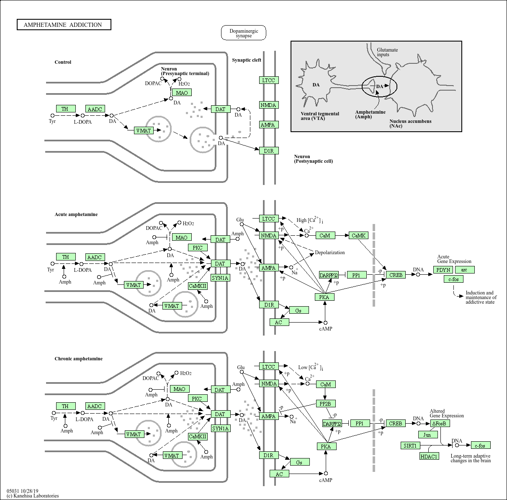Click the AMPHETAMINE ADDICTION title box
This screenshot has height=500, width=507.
point(64,25)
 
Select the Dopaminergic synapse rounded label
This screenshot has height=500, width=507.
point(244,33)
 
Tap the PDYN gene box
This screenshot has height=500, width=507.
point(443,270)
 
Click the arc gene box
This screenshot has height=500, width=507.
point(464,270)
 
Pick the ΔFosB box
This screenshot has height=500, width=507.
point(440,423)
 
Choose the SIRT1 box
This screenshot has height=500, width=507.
point(410,445)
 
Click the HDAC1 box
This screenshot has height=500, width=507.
point(429,456)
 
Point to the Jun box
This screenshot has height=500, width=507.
point(427,435)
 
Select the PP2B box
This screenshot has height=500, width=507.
point(325,404)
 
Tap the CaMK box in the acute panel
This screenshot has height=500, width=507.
point(358,235)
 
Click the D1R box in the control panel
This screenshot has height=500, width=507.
point(268,151)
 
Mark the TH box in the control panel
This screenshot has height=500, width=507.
point(65,109)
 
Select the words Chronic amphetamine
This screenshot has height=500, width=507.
point(78,359)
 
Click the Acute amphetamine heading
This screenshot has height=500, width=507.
point(76,214)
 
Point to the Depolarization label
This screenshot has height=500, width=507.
point(329,253)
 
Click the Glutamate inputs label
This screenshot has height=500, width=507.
point(387,52)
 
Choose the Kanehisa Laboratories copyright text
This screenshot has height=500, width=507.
point(33,496)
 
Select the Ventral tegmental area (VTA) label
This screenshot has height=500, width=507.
point(320,116)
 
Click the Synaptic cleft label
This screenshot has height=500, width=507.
point(247,60)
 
